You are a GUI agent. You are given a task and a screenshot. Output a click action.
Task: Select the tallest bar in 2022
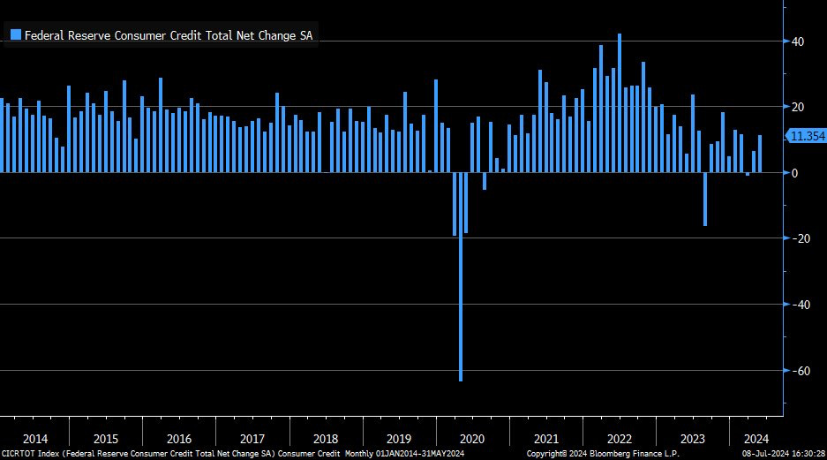click(620, 102)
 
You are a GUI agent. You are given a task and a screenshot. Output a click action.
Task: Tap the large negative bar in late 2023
click(705, 199)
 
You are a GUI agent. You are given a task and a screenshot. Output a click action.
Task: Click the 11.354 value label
click(807, 136)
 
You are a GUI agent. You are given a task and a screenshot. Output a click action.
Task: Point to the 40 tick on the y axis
click(796, 41)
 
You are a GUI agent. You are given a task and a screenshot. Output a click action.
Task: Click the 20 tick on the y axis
click(796, 107)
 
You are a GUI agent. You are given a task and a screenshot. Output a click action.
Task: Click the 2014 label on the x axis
click(35, 439)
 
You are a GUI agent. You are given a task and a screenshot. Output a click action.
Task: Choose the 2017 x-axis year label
click(252, 439)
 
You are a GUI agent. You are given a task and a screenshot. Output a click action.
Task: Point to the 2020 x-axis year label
click(472, 439)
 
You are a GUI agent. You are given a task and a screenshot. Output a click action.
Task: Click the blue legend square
click(15, 35)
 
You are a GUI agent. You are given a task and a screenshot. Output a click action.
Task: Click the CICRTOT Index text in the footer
click(34, 454)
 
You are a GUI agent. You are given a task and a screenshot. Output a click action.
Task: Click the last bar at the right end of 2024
click(760, 154)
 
